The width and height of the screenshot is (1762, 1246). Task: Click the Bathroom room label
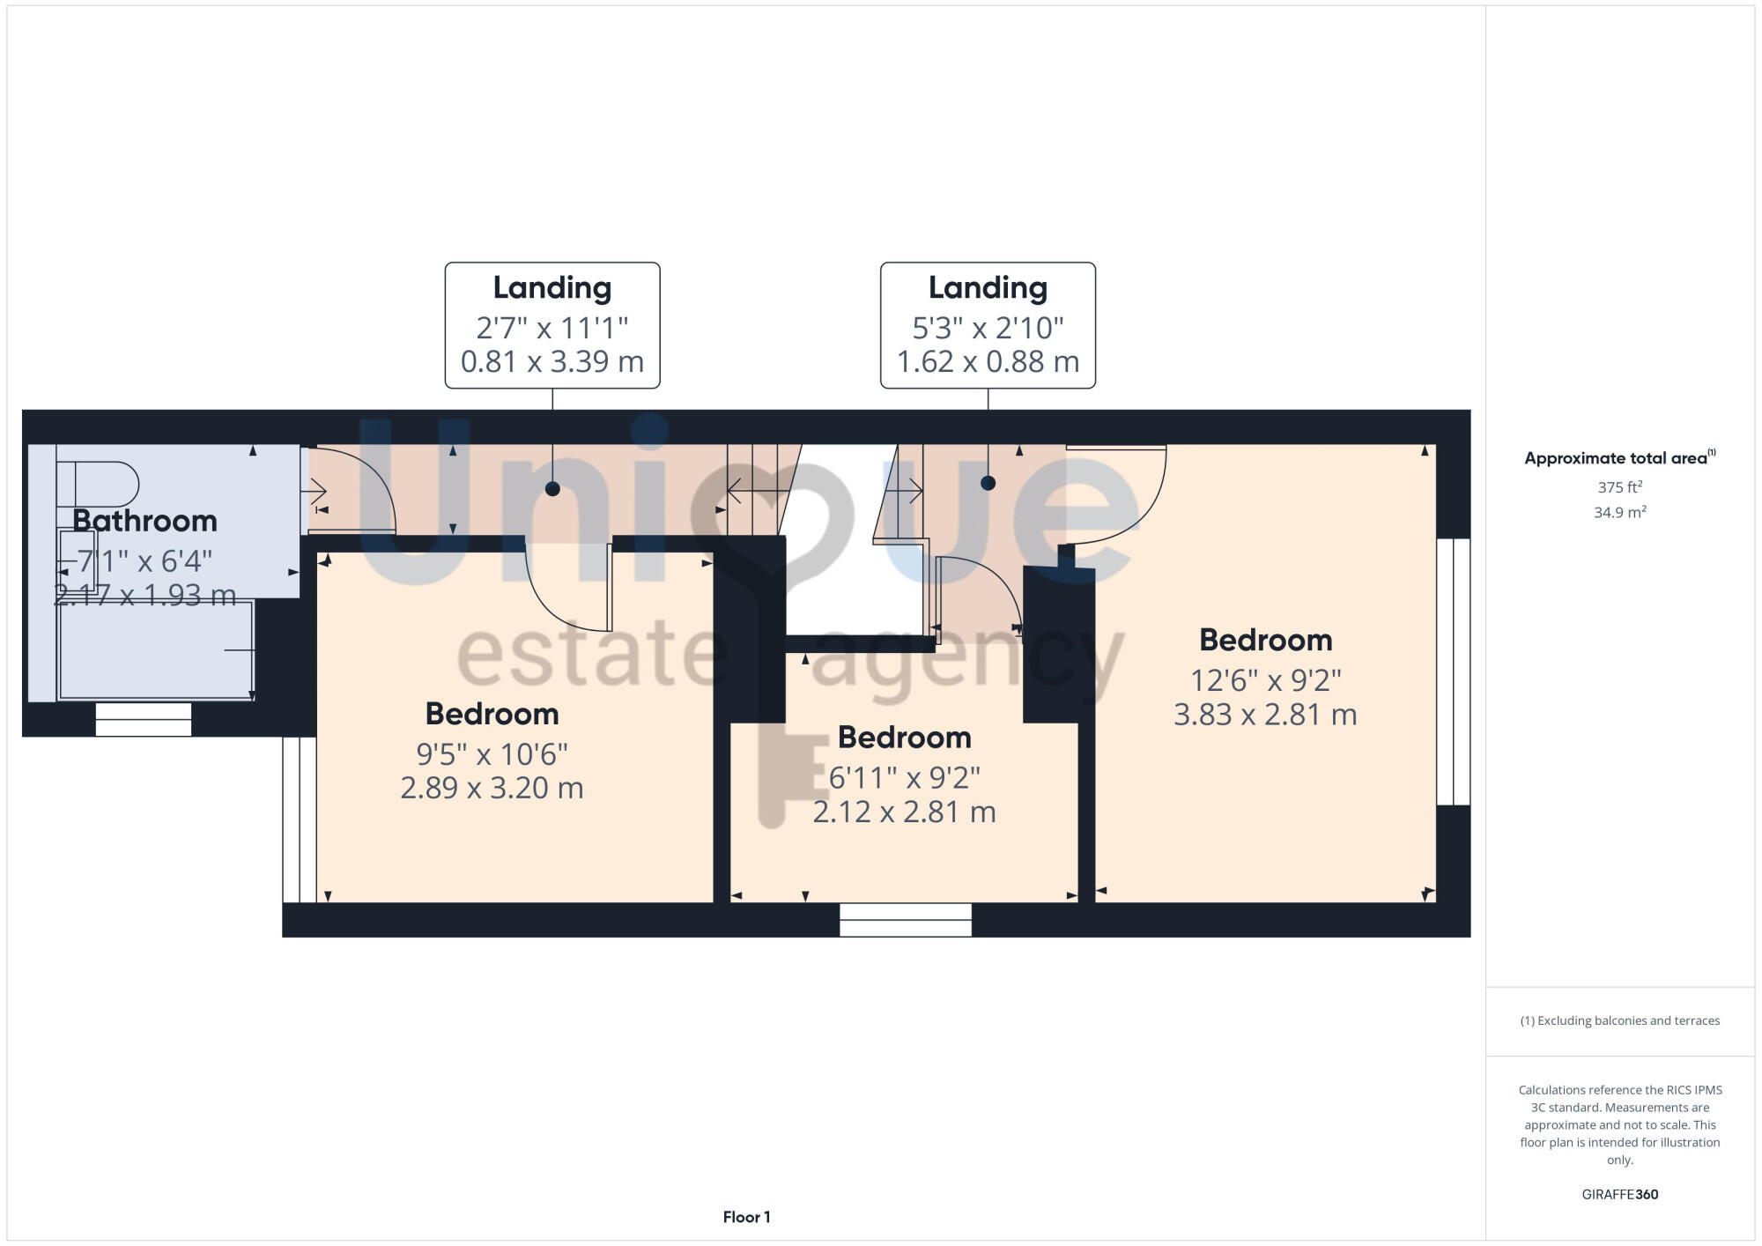pyautogui.click(x=144, y=521)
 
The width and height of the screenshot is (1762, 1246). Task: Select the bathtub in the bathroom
pyautogui.click(x=156, y=650)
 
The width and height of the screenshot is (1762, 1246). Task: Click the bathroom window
pyautogui.click(x=144, y=719)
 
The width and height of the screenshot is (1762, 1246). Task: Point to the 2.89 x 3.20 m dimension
pyautogui.click(x=492, y=788)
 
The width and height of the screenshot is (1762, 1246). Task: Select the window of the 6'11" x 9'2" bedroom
pyautogui.click(x=905, y=920)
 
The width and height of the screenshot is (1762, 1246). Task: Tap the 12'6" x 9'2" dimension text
pyautogui.click(x=1265, y=680)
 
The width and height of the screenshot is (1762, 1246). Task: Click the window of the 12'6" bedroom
pyautogui.click(x=1453, y=671)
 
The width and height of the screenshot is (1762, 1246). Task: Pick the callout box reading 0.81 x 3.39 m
pyautogui.click(x=552, y=325)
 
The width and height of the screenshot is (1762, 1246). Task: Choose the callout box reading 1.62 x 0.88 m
pyautogui.click(x=988, y=325)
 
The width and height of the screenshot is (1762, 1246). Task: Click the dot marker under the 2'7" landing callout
pyautogui.click(x=552, y=489)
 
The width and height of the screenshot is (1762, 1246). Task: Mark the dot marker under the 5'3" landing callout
pyautogui.click(x=988, y=483)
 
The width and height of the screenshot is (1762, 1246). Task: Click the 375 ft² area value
pyautogui.click(x=1619, y=487)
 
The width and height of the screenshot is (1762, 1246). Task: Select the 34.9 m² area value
pyautogui.click(x=1619, y=512)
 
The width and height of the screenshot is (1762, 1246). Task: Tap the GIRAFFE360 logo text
pyautogui.click(x=1619, y=1195)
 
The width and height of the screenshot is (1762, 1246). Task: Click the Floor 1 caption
pyautogui.click(x=746, y=1217)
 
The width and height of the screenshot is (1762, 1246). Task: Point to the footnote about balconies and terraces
pyautogui.click(x=1619, y=1020)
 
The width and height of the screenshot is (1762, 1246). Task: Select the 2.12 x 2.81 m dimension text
pyautogui.click(x=904, y=812)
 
